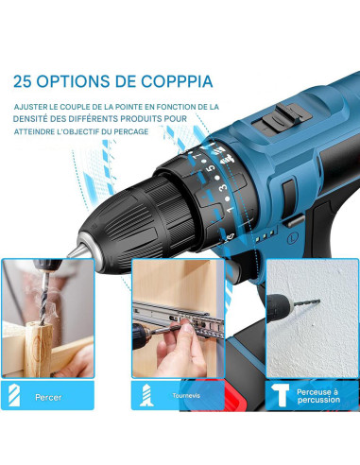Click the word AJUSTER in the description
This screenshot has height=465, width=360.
(36, 107)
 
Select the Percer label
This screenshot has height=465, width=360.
(48, 397)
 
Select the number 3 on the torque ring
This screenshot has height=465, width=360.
(219, 194)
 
